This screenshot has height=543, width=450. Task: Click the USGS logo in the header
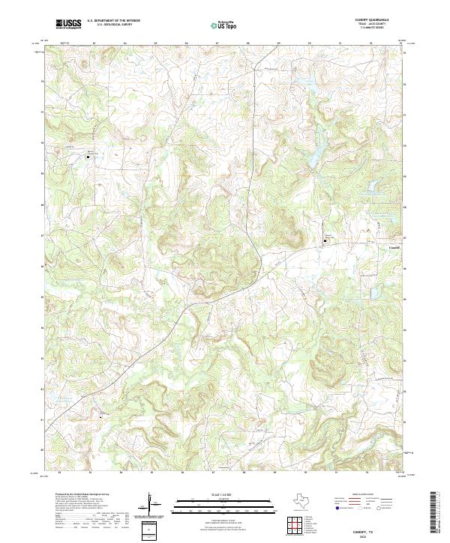point(69,24)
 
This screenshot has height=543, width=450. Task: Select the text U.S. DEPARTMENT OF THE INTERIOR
point(113,21)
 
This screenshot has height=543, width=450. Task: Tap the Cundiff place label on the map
point(396,248)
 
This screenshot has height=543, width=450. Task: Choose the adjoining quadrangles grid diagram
point(298,524)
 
